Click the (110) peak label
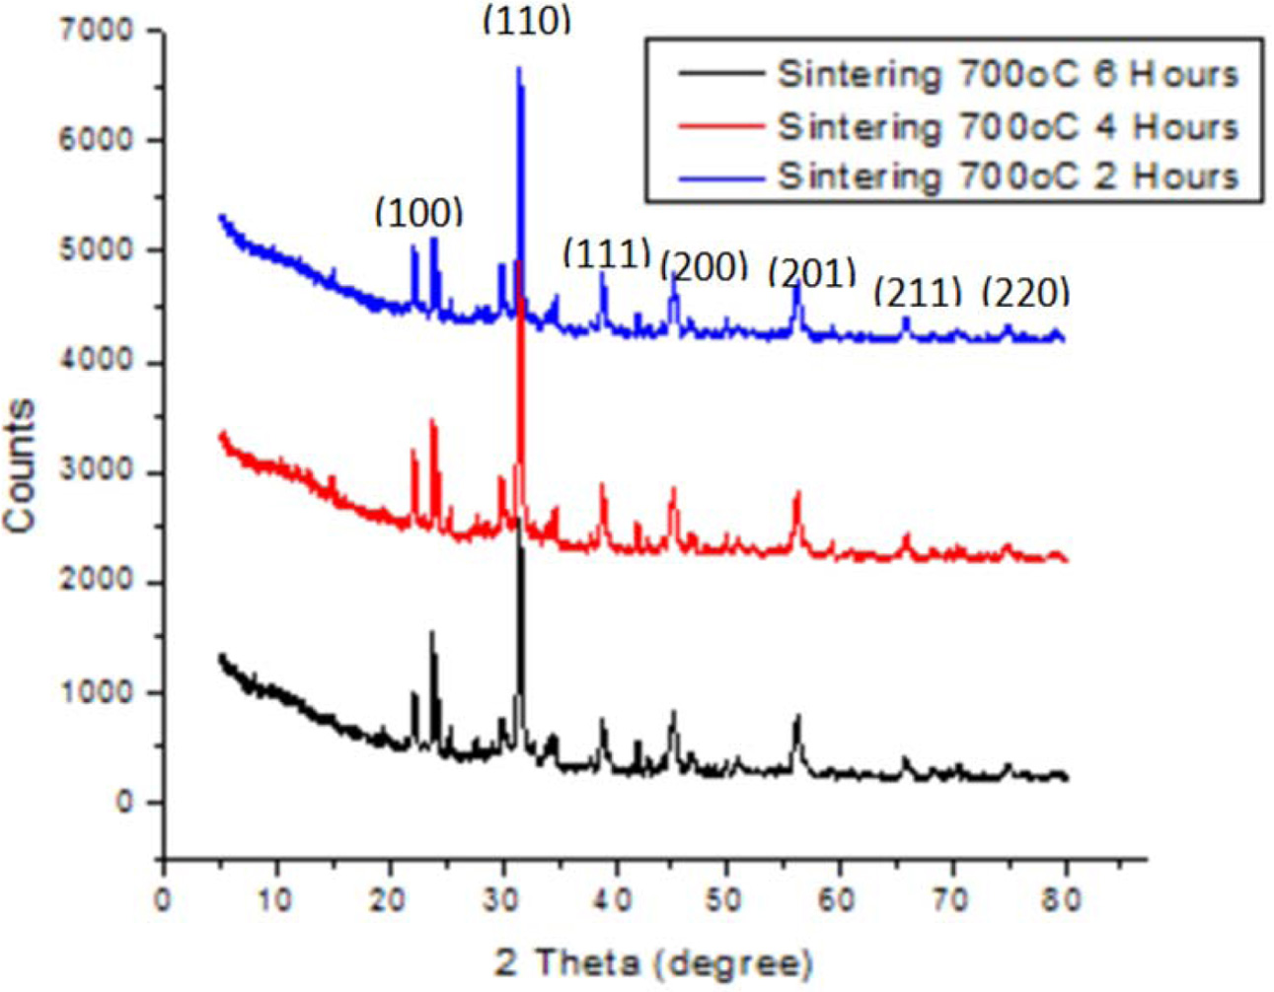click(x=526, y=21)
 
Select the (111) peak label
click(x=606, y=253)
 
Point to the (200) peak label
click(x=703, y=266)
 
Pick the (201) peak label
click(x=811, y=272)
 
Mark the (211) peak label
click(x=918, y=292)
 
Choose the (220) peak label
click(x=1025, y=292)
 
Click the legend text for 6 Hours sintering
click(x=1007, y=74)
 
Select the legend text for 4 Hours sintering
click(x=1007, y=126)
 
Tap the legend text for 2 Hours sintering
click(x=1007, y=177)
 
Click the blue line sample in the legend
click(x=720, y=177)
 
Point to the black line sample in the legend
click(x=720, y=74)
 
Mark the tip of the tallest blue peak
click(x=518, y=68)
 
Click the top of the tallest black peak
click(x=519, y=520)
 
